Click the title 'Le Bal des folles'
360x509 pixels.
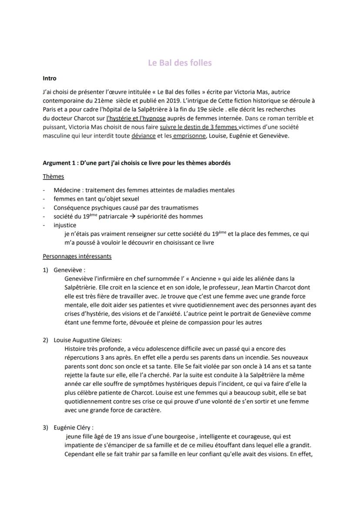point(180,63)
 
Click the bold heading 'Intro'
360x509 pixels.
point(50,79)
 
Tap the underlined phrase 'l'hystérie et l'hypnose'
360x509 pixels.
point(136,118)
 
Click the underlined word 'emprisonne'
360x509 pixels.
point(189,136)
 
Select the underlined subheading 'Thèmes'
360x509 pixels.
point(53,176)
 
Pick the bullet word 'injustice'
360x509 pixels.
point(65,225)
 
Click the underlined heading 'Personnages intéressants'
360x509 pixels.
point(77,256)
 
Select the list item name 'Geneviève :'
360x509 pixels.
point(70,270)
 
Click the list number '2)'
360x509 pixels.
point(45,340)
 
